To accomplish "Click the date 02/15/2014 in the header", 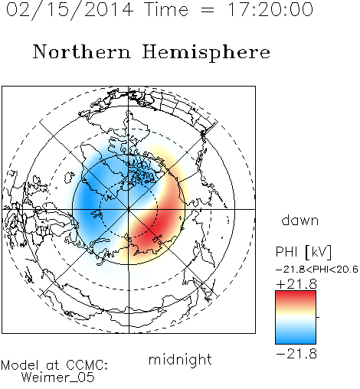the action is [70, 10].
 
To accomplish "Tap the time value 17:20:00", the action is [270, 9].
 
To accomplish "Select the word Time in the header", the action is [166, 9].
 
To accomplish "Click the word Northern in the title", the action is [82, 51].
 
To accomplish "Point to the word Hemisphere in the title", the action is [206, 53].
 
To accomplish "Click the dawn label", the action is [300, 220].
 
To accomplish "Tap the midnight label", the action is [180, 359].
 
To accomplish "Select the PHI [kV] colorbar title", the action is [303, 252].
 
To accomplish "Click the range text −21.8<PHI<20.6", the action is [317, 270].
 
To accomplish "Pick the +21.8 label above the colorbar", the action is [296, 284].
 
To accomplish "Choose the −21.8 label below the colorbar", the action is [296, 354].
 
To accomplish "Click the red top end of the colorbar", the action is [296, 293].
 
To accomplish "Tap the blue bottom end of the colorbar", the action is [296, 342].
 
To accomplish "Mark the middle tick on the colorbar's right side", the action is [318, 317].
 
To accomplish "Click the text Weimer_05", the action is [58, 378].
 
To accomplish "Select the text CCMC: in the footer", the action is [87, 365].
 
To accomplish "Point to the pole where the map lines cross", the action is [129, 209].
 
